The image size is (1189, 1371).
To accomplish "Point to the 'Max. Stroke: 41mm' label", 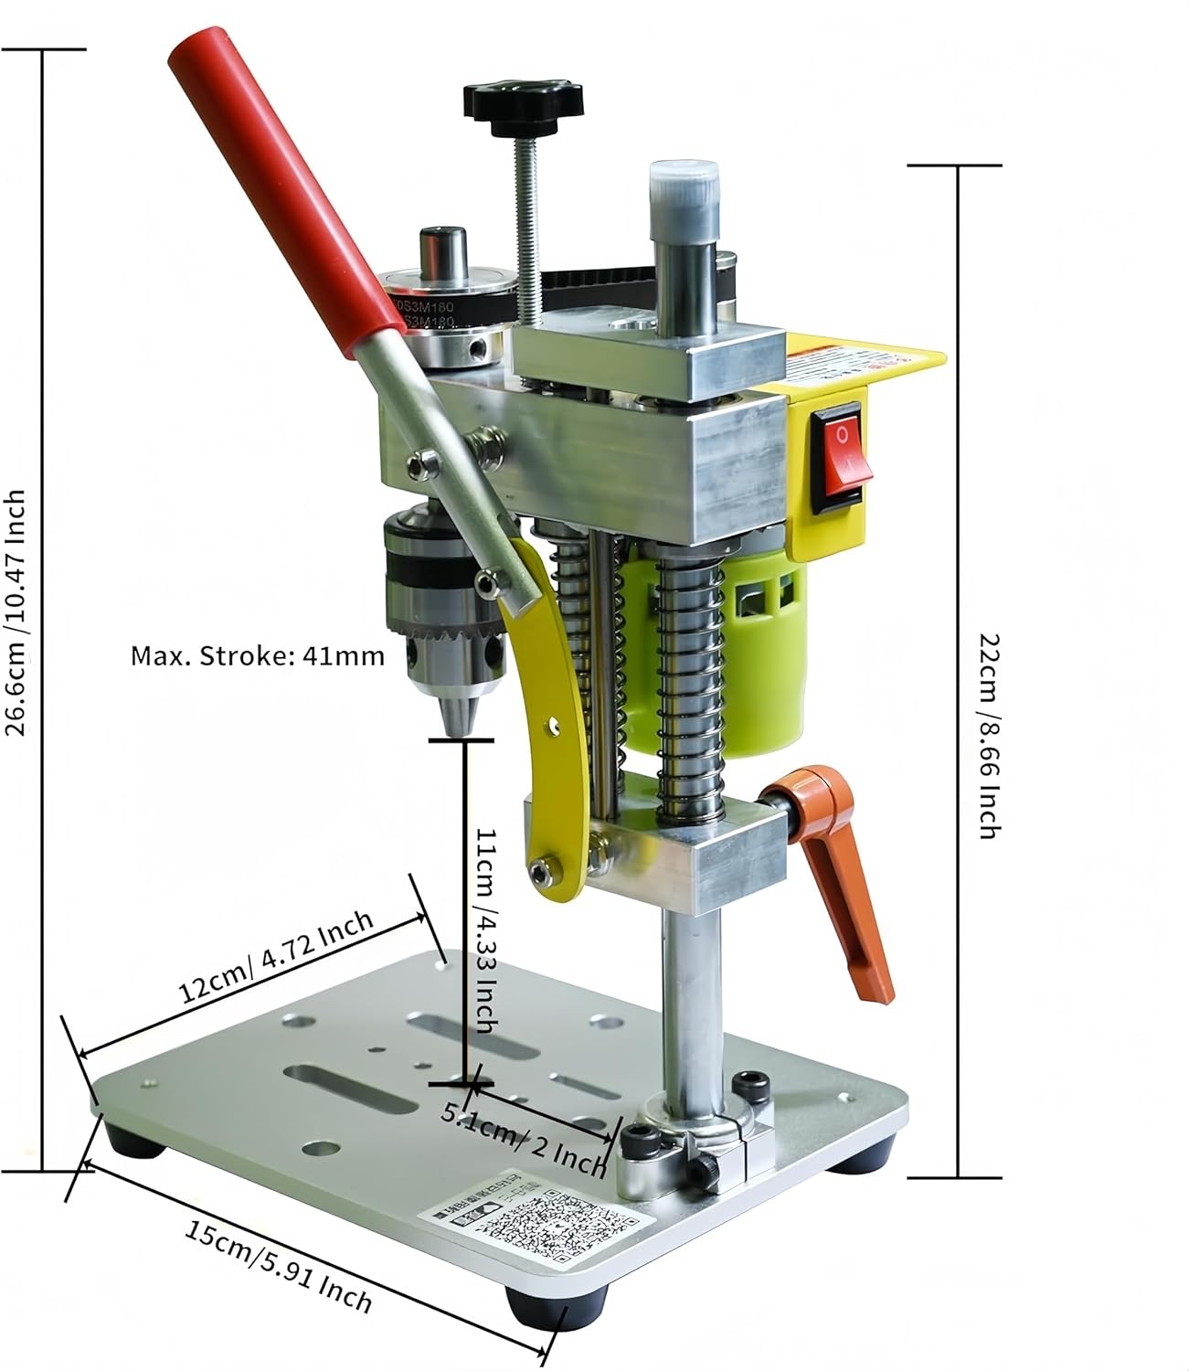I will point(257,655).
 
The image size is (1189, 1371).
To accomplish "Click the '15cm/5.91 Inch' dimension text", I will point(279,1265).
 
